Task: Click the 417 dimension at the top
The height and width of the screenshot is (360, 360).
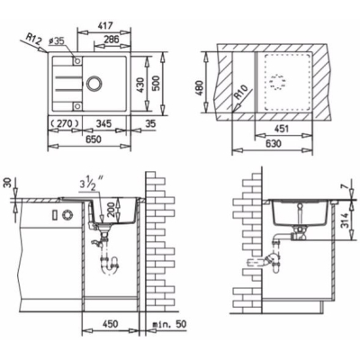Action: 105,26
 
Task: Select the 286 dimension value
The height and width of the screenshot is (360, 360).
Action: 112,40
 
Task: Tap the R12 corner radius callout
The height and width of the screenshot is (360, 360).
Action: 33,40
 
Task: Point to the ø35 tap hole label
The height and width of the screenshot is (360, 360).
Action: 56,41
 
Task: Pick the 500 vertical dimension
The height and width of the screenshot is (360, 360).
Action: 157,83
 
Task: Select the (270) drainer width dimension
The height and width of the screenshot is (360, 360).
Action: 65,122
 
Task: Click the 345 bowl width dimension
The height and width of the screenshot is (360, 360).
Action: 103,123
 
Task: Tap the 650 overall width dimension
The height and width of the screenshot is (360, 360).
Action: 94,139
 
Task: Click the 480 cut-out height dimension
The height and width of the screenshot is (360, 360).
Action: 200,88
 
